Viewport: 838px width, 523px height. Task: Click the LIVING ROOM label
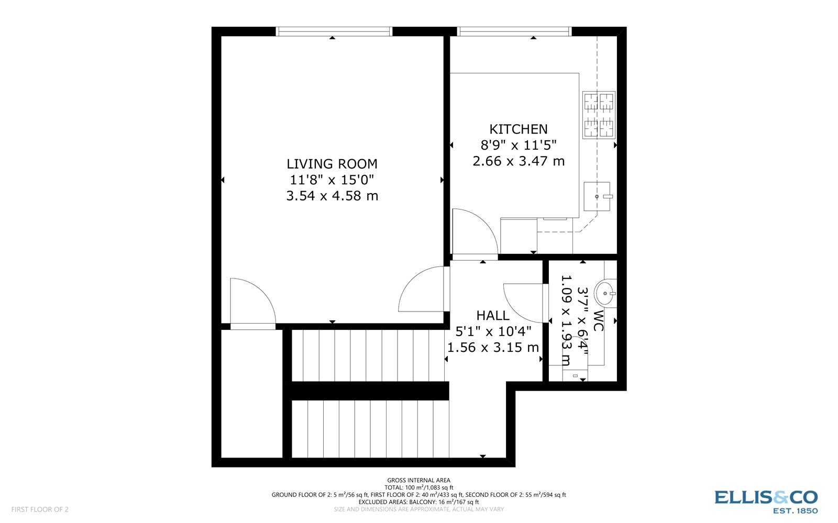pyautogui.click(x=332, y=164)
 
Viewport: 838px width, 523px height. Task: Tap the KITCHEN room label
pyautogui.click(x=518, y=129)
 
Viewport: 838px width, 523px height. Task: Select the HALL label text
pyautogui.click(x=492, y=316)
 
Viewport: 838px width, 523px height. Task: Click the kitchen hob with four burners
pyautogui.click(x=599, y=115)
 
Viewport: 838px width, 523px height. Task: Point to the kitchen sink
pyautogui.click(x=597, y=196)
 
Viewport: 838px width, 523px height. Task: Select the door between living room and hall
pyautogui.click(x=422, y=291)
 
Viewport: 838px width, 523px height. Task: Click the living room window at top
pyautogui.click(x=334, y=32)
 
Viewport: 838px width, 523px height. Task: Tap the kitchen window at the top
pyautogui.click(x=514, y=32)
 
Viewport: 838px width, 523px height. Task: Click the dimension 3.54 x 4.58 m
pyautogui.click(x=332, y=196)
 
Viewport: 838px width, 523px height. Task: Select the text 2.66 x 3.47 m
pyautogui.click(x=518, y=161)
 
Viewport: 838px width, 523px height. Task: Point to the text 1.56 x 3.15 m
pyautogui.click(x=492, y=348)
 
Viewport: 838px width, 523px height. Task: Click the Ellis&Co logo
pyautogui.click(x=766, y=501)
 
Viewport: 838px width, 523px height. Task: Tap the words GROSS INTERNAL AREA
pyautogui.click(x=418, y=480)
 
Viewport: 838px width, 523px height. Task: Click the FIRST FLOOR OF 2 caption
pyautogui.click(x=40, y=509)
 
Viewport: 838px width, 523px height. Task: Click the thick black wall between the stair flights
pyautogui.click(x=370, y=391)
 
